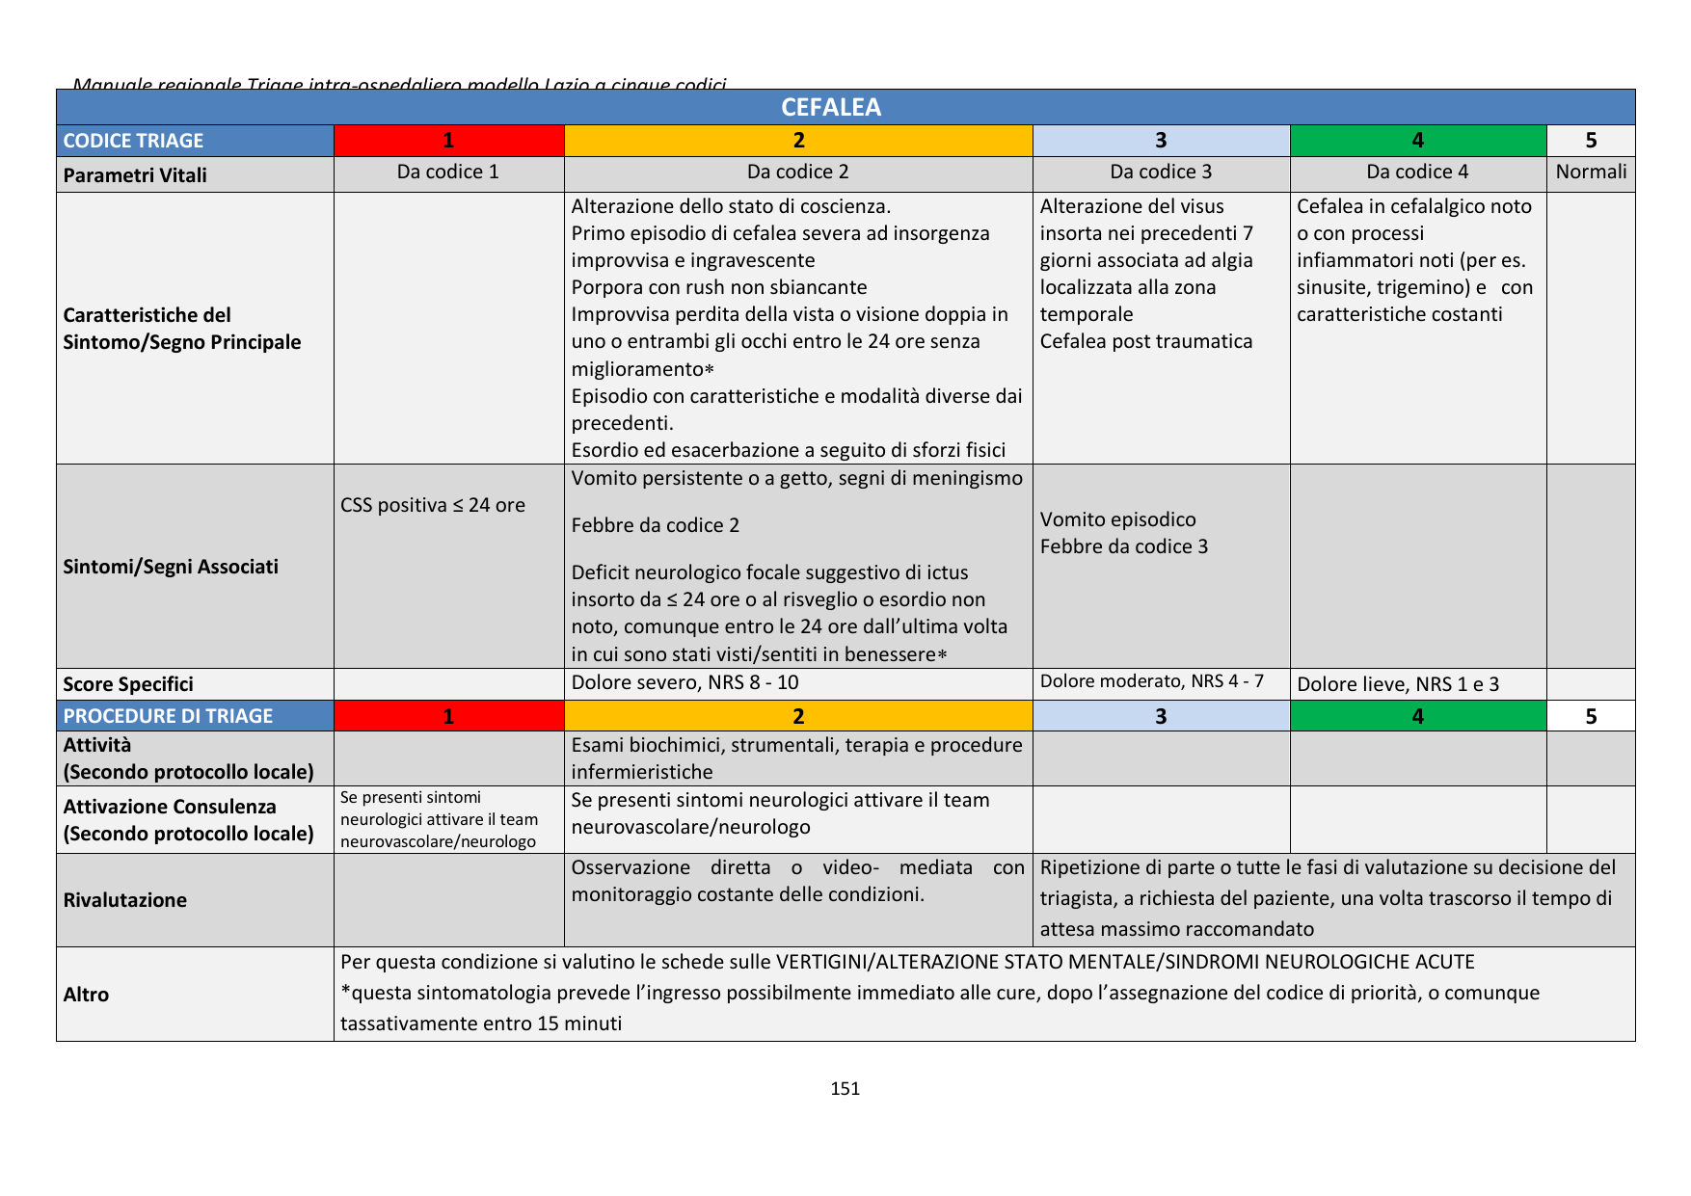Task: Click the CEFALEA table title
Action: pyautogui.click(x=830, y=107)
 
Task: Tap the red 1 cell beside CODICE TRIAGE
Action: pyautogui.click(x=448, y=141)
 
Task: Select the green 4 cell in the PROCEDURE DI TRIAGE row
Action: pyautogui.click(x=1417, y=716)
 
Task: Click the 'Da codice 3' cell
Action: pyautogui.click(x=1161, y=173)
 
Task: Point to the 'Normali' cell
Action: pyautogui.click(x=1591, y=173)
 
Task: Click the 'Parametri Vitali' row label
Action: pyautogui.click(x=135, y=175)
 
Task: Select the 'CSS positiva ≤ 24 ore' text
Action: pyautogui.click(x=433, y=505)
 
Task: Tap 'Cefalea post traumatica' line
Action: pyautogui.click(x=1146, y=341)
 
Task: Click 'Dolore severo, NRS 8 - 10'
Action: pyautogui.click(x=684, y=682)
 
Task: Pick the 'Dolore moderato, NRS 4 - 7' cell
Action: pyautogui.click(x=1151, y=681)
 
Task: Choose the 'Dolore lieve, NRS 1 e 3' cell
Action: pyautogui.click(x=1398, y=684)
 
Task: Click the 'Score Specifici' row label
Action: pyautogui.click(x=128, y=684)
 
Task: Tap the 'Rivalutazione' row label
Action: pyautogui.click(x=125, y=900)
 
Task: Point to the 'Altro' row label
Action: pyautogui.click(x=86, y=995)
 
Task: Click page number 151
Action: pyautogui.click(x=845, y=1089)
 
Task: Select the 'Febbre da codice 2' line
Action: pyautogui.click(x=656, y=525)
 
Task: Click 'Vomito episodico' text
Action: pyautogui.click(x=1117, y=519)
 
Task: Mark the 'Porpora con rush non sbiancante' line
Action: pyautogui.click(x=719, y=287)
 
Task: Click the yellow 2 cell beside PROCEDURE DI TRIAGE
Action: pyautogui.click(x=798, y=716)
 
